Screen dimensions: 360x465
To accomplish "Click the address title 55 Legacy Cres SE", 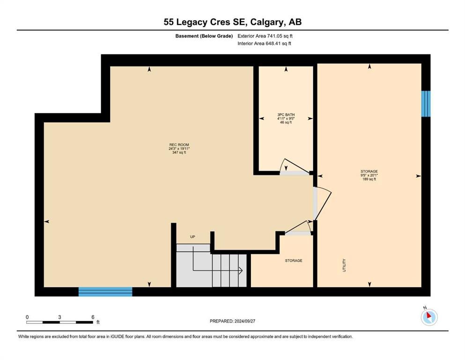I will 232,22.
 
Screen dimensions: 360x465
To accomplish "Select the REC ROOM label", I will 179,144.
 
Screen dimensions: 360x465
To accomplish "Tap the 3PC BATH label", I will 285,114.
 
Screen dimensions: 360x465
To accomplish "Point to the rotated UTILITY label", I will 344,266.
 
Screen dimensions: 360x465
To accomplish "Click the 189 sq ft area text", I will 369,179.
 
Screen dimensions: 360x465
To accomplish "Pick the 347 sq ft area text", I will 179,152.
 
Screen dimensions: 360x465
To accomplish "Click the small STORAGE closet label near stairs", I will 294,261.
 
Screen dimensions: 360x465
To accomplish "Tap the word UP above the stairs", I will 192,237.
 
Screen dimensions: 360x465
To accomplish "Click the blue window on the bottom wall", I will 105,292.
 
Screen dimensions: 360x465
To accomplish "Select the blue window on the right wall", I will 426,104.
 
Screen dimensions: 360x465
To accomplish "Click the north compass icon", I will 429,317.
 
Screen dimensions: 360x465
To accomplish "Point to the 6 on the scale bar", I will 93,317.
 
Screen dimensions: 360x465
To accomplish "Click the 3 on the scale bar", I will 60,317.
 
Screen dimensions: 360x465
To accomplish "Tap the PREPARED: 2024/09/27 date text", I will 232,321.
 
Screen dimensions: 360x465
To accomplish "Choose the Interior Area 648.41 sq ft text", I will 265,44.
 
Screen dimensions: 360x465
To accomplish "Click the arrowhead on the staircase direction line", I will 240,270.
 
